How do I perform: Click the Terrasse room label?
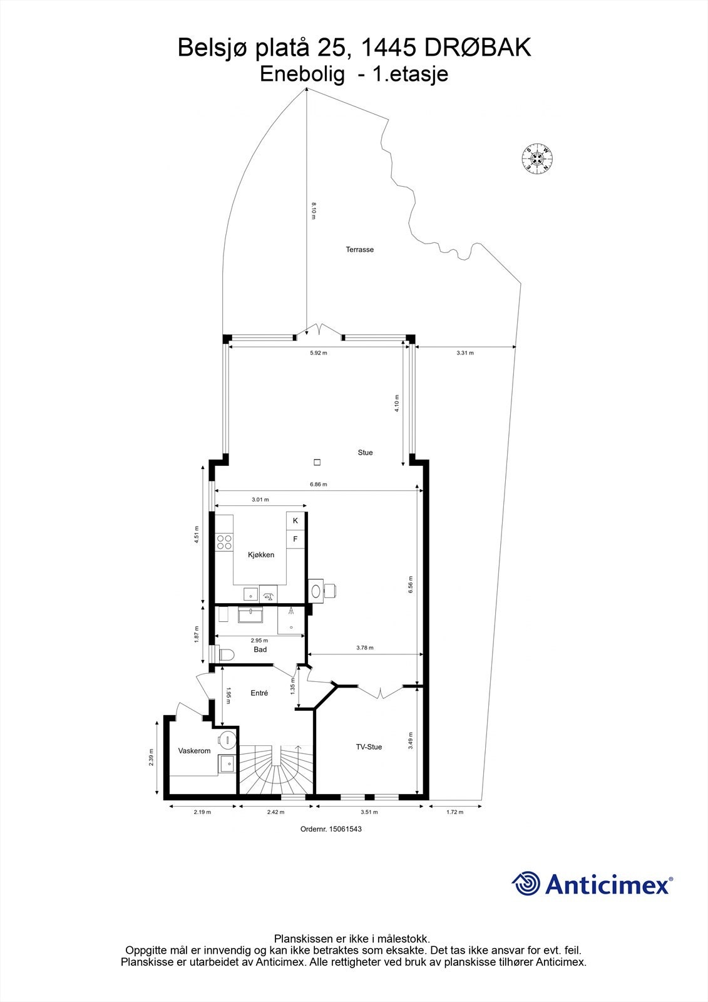(359, 249)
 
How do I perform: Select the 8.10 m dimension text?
(314, 210)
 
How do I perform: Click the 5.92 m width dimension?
(319, 353)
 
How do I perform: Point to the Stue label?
(365, 452)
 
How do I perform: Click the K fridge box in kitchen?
(295, 520)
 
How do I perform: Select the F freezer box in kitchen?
(295, 539)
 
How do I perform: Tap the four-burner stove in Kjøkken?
(224, 542)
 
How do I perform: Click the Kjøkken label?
(261, 555)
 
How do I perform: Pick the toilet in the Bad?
(225, 655)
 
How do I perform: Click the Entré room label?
(259, 693)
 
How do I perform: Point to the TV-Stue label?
(369, 746)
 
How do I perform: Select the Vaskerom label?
(194, 750)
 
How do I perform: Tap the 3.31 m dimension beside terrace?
(465, 353)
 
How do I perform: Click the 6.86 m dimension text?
(319, 484)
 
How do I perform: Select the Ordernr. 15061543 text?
(331, 829)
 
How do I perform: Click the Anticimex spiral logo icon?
(526, 884)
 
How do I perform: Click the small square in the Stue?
(317, 463)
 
